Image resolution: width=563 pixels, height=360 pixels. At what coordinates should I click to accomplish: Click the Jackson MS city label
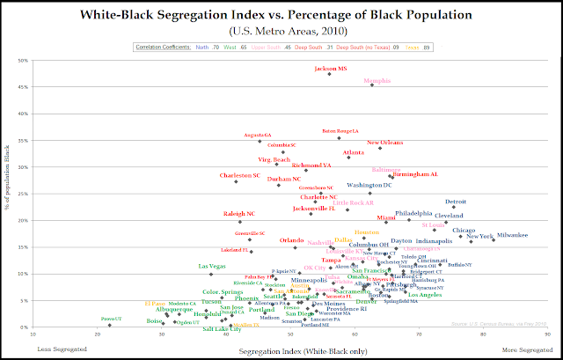click(331, 68)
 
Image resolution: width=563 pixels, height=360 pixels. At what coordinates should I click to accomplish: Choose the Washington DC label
click(369, 186)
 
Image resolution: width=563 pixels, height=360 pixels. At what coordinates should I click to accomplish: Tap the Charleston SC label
click(240, 175)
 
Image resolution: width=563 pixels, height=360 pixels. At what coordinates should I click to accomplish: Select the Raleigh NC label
click(238, 213)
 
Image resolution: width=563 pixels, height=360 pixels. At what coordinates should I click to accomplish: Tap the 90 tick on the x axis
click(547, 334)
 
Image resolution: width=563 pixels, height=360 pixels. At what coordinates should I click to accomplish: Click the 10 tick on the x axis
click(34, 334)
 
